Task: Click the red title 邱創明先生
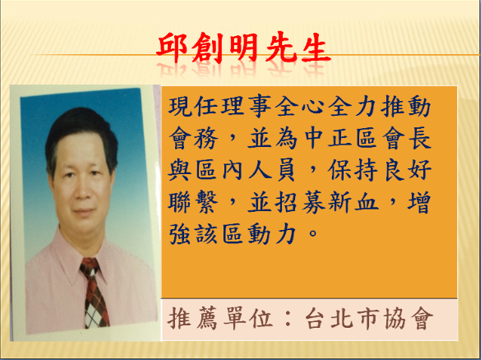pos(243,48)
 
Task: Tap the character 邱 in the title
pos(173,48)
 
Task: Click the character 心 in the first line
pos(313,107)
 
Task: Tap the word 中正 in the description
pos(327,140)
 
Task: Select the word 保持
pos(353,171)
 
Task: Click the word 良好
pos(406,171)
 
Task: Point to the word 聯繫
pos(195,203)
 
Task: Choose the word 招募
pos(300,203)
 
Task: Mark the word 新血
pos(353,203)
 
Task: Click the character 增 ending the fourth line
pos(419,203)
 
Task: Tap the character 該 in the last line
pos(208,235)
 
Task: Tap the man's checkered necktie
pos(95,293)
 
